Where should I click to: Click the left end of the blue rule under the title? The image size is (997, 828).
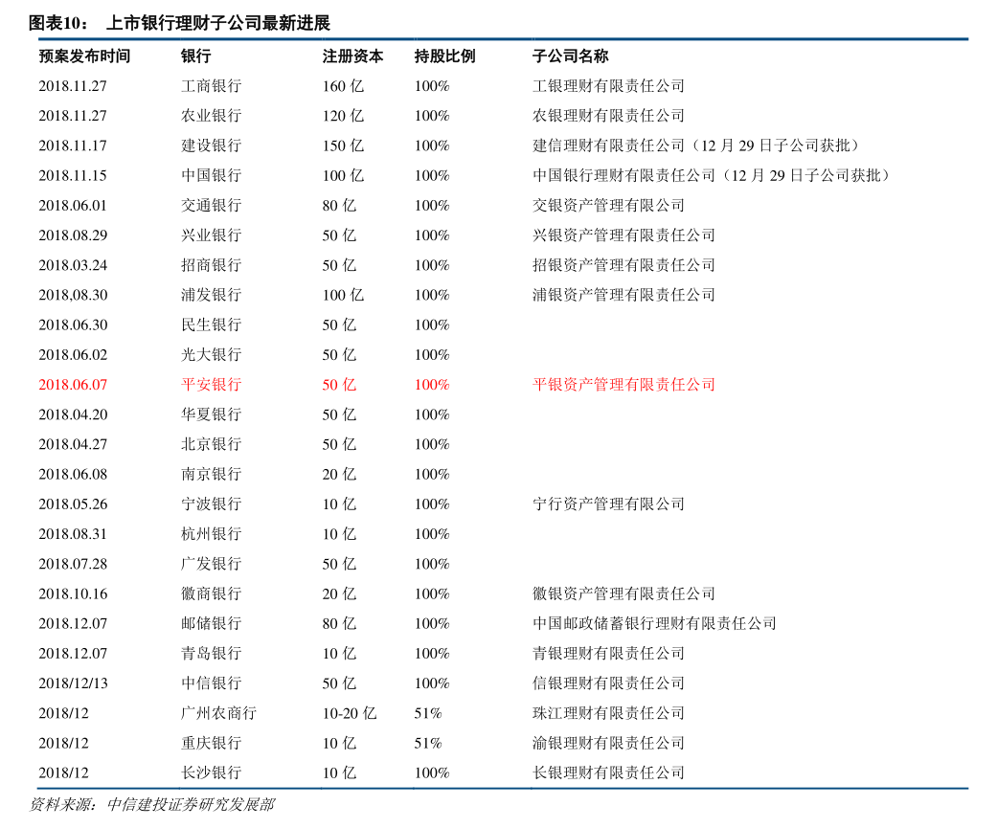point(30,39)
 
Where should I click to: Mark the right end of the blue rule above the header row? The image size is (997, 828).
point(968,39)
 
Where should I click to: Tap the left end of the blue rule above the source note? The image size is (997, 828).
point(30,789)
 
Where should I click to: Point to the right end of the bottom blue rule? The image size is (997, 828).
point(968,789)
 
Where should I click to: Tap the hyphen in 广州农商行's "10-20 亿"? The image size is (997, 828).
point(340,714)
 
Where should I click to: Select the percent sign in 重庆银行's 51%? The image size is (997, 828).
point(436,744)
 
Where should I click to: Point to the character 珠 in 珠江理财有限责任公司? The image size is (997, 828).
point(540,714)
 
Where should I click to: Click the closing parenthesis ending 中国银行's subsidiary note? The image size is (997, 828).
point(886,176)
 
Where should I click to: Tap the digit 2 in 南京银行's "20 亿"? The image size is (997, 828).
point(327,475)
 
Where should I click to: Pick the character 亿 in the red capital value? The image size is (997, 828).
point(349,385)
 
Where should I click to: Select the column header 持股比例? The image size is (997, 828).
point(445,56)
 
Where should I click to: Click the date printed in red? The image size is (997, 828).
point(73,385)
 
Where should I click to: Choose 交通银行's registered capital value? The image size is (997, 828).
point(339,206)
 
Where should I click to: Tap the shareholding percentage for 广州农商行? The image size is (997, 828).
point(428,714)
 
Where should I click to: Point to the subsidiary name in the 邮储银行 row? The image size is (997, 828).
point(654,624)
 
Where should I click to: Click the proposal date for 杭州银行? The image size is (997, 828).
point(73,534)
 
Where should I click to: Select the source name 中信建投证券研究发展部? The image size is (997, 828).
point(191,805)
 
